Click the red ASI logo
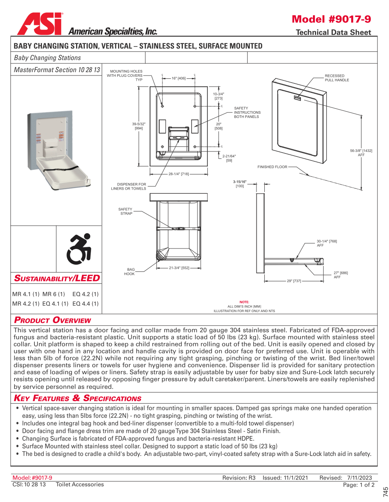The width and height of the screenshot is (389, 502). (x=40, y=24)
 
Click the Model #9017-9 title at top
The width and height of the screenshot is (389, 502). (x=331, y=19)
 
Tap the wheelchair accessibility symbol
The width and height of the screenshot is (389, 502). (x=79, y=249)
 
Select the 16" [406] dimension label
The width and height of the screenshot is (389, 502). (x=179, y=78)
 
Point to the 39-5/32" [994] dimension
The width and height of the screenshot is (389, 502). (x=139, y=126)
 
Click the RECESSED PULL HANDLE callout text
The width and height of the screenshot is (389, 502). (x=337, y=78)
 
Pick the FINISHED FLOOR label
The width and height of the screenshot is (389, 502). (x=272, y=167)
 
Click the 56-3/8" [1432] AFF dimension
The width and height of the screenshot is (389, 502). (x=361, y=152)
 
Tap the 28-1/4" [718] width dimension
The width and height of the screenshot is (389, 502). (x=179, y=174)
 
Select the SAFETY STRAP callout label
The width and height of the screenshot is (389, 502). (x=126, y=211)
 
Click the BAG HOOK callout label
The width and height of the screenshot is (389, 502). (x=130, y=272)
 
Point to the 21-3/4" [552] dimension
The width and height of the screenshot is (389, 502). (x=179, y=268)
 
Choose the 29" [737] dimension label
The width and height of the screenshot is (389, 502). (x=294, y=281)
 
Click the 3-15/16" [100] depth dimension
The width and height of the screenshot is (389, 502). (x=240, y=184)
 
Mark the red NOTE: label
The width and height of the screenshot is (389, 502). (x=244, y=302)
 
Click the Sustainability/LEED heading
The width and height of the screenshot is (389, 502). (x=57, y=278)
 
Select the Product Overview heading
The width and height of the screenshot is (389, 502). (x=52, y=320)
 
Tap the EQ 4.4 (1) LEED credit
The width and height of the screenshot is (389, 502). (x=86, y=304)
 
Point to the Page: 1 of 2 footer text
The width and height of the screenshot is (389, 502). (x=358, y=485)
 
